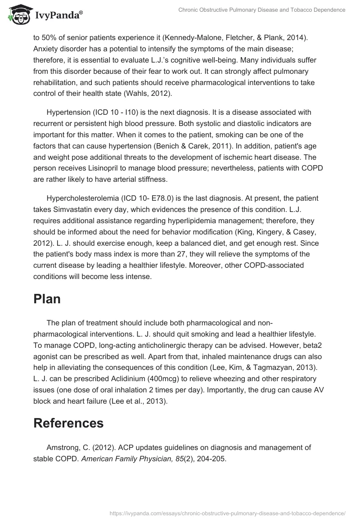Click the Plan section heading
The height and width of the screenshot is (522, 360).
[x=47, y=299]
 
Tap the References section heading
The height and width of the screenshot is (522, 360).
[x=68, y=423]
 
